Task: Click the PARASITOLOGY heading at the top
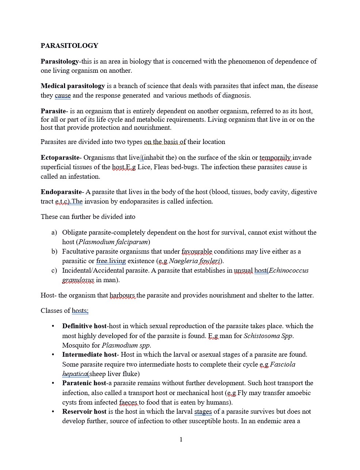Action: coord(69,46)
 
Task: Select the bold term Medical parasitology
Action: coord(73,86)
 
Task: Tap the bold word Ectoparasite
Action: coord(60,158)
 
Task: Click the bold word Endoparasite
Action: coord(61,192)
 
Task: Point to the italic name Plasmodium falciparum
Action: coord(113,242)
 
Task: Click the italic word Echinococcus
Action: coord(289,270)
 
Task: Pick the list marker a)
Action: coord(54,232)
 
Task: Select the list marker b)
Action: coord(54,251)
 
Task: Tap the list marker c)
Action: coord(54,270)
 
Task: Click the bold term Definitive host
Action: coord(84,326)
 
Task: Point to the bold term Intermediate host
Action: coord(89,355)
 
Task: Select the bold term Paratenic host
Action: coord(84,383)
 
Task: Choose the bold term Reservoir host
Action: coord(84,412)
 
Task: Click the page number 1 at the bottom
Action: coord(181,440)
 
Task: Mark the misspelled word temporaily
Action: coord(275,158)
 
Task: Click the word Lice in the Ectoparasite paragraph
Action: coord(144,167)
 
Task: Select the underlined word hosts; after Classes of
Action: coord(80,311)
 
